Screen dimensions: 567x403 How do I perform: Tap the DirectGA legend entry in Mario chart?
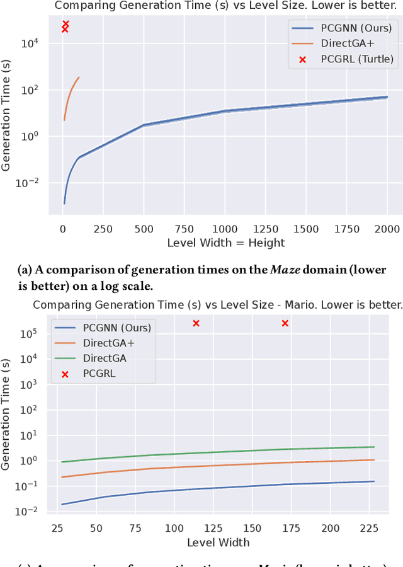tap(105, 358)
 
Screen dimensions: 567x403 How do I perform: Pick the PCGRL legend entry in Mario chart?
tap(100, 373)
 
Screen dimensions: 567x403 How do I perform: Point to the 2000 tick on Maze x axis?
tap(387, 227)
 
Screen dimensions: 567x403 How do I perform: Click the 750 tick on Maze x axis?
tap(184, 227)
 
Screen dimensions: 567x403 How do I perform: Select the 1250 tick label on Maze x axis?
tap(265, 227)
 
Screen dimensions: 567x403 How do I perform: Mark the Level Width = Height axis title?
tap(225, 243)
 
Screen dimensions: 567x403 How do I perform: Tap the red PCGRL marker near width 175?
tap(285, 323)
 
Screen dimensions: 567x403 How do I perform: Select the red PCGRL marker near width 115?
tap(196, 323)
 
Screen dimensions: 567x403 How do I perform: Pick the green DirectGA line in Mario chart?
tap(252, 451)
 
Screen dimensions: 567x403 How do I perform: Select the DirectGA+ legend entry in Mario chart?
tap(108, 343)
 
